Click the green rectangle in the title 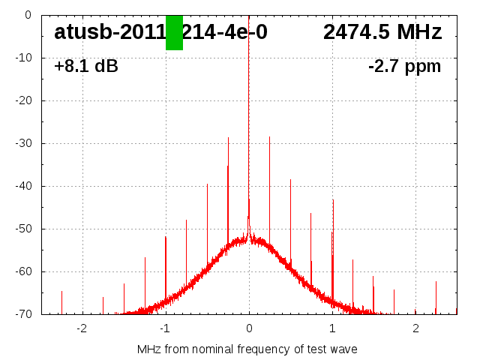click(x=174, y=32)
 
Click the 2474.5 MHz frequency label click(x=382, y=32)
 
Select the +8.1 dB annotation click(x=86, y=66)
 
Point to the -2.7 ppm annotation click(x=404, y=66)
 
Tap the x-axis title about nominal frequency click(x=247, y=349)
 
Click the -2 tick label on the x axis click(x=82, y=328)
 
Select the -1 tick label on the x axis click(x=165, y=328)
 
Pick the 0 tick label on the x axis click(x=249, y=328)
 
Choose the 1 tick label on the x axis click(x=332, y=328)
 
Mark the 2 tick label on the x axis click(x=415, y=328)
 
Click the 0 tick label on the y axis click(x=27, y=15)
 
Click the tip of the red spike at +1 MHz click(x=333, y=199)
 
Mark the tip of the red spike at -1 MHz click(x=166, y=237)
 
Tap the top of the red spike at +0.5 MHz click(x=290, y=179)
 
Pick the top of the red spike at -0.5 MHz click(x=207, y=184)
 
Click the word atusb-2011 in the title click(x=109, y=32)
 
